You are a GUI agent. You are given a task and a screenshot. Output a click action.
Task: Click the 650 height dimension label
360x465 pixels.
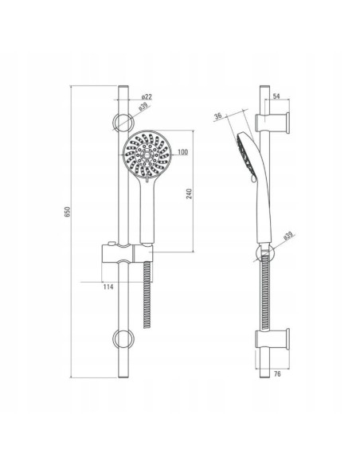(68, 212)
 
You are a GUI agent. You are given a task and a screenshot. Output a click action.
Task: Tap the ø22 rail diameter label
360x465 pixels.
(147, 96)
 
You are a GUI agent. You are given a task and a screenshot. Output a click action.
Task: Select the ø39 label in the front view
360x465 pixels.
(143, 107)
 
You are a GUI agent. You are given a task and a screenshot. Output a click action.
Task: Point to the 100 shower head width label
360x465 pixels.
(183, 152)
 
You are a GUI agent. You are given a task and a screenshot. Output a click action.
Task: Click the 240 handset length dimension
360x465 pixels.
(190, 193)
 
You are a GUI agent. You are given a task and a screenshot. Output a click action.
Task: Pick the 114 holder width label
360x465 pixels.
(108, 287)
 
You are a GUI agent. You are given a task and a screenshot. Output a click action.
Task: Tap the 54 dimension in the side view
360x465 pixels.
(276, 96)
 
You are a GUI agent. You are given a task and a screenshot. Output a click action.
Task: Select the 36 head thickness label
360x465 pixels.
(218, 116)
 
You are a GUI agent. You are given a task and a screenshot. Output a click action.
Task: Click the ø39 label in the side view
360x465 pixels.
(288, 236)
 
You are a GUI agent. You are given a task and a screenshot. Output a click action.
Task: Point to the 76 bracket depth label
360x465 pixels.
(277, 374)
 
